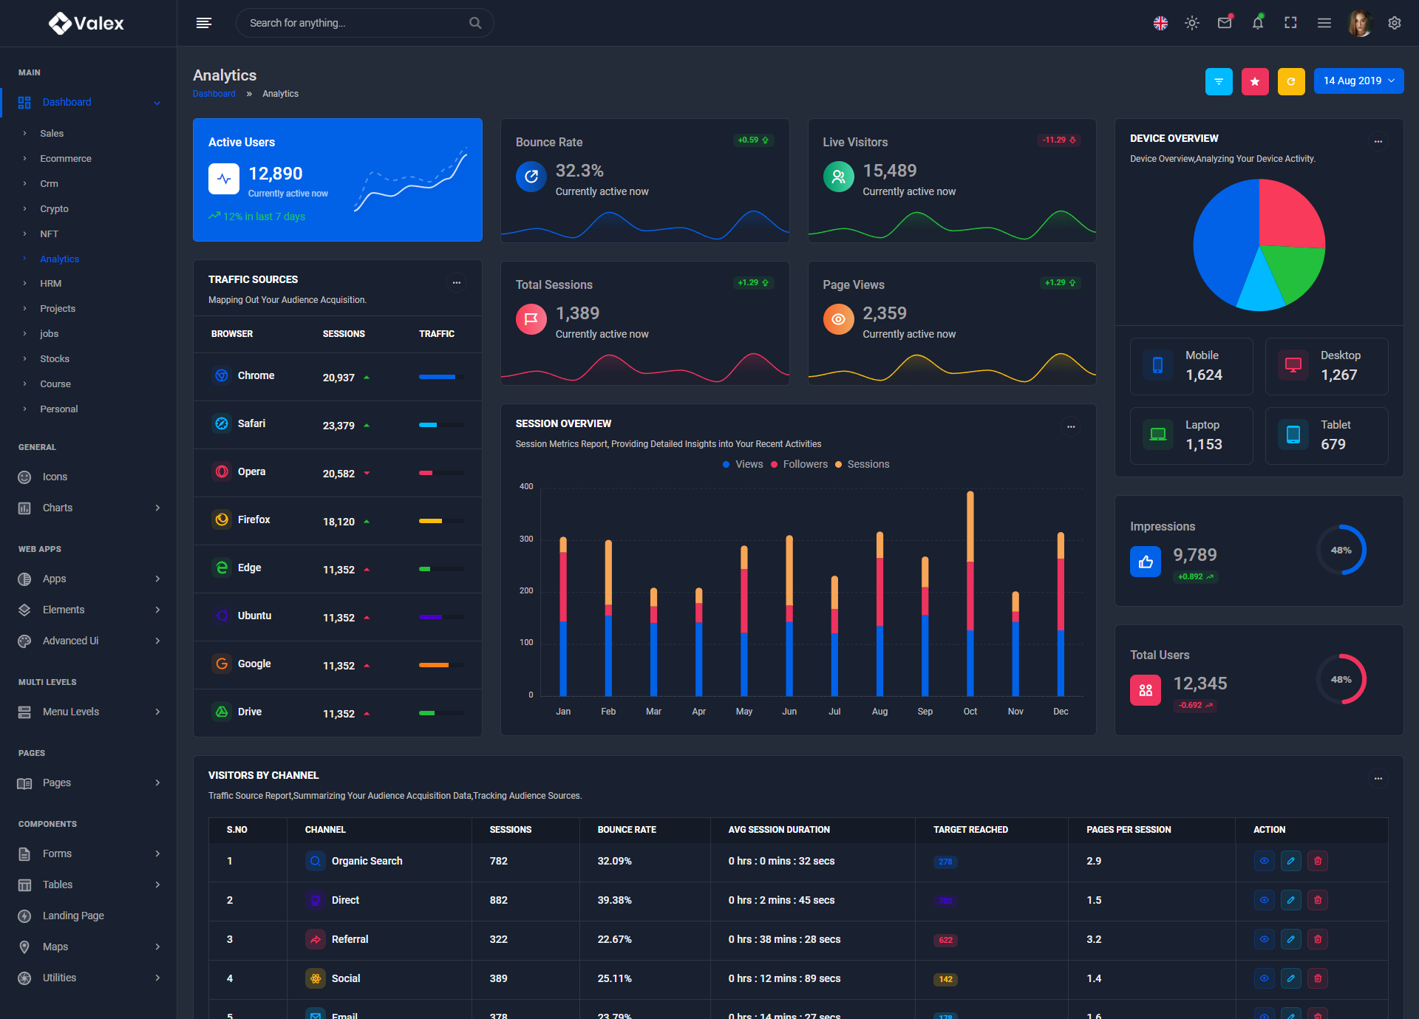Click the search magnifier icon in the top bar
point(475,23)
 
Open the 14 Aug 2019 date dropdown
point(1358,81)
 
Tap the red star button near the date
point(1254,81)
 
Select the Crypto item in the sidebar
point(54,209)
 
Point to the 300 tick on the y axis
point(526,539)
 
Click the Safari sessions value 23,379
point(338,426)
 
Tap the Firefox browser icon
point(222,519)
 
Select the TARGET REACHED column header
point(970,830)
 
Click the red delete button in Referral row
point(1318,939)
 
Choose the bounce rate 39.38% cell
point(614,900)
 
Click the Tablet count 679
point(1333,444)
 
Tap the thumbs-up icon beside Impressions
point(1146,562)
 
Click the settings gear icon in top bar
point(1395,23)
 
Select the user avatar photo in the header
point(1359,23)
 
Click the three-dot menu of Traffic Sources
point(457,282)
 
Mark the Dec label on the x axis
point(1061,712)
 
